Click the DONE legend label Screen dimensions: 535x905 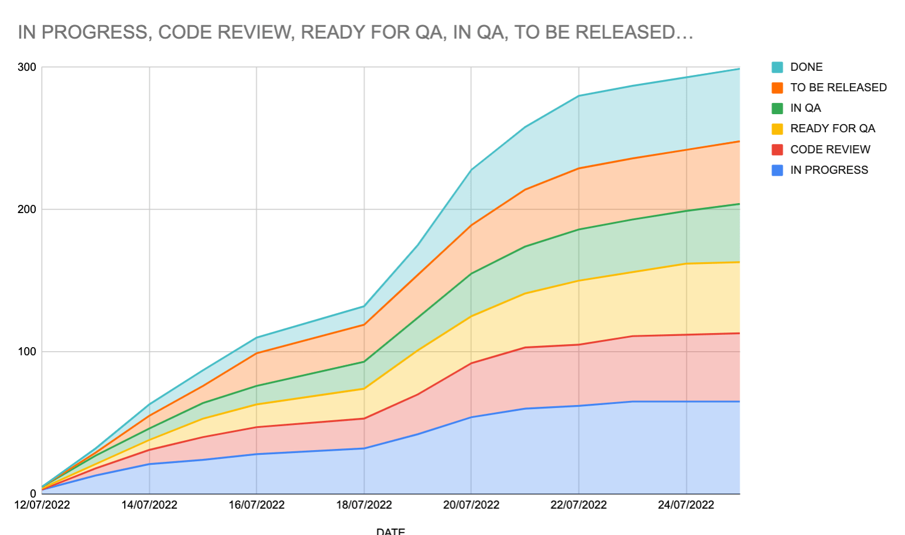click(x=806, y=67)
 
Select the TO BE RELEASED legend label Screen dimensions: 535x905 click(x=838, y=88)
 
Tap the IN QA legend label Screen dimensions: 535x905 click(x=805, y=108)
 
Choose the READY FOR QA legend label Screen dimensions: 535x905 click(x=832, y=129)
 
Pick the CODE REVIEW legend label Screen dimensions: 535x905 click(x=829, y=150)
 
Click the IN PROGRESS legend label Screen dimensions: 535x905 click(x=828, y=170)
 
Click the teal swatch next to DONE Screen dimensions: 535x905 click(x=777, y=67)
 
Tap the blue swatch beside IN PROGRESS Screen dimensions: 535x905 click(x=777, y=170)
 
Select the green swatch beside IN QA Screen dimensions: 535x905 click(x=777, y=108)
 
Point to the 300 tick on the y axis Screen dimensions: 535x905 click(x=27, y=67)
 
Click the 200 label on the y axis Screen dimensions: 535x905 click(x=27, y=210)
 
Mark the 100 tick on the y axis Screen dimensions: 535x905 click(x=27, y=352)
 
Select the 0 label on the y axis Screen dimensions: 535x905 click(x=33, y=494)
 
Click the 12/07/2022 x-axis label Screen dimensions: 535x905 click(x=42, y=505)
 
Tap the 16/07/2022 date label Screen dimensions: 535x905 click(x=256, y=505)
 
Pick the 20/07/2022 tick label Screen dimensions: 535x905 click(x=471, y=505)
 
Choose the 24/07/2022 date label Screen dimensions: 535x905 click(x=686, y=505)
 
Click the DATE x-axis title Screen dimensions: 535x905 click(x=390, y=531)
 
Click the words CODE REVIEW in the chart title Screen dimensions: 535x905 click(x=227, y=32)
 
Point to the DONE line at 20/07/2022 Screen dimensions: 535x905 click(x=471, y=170)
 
